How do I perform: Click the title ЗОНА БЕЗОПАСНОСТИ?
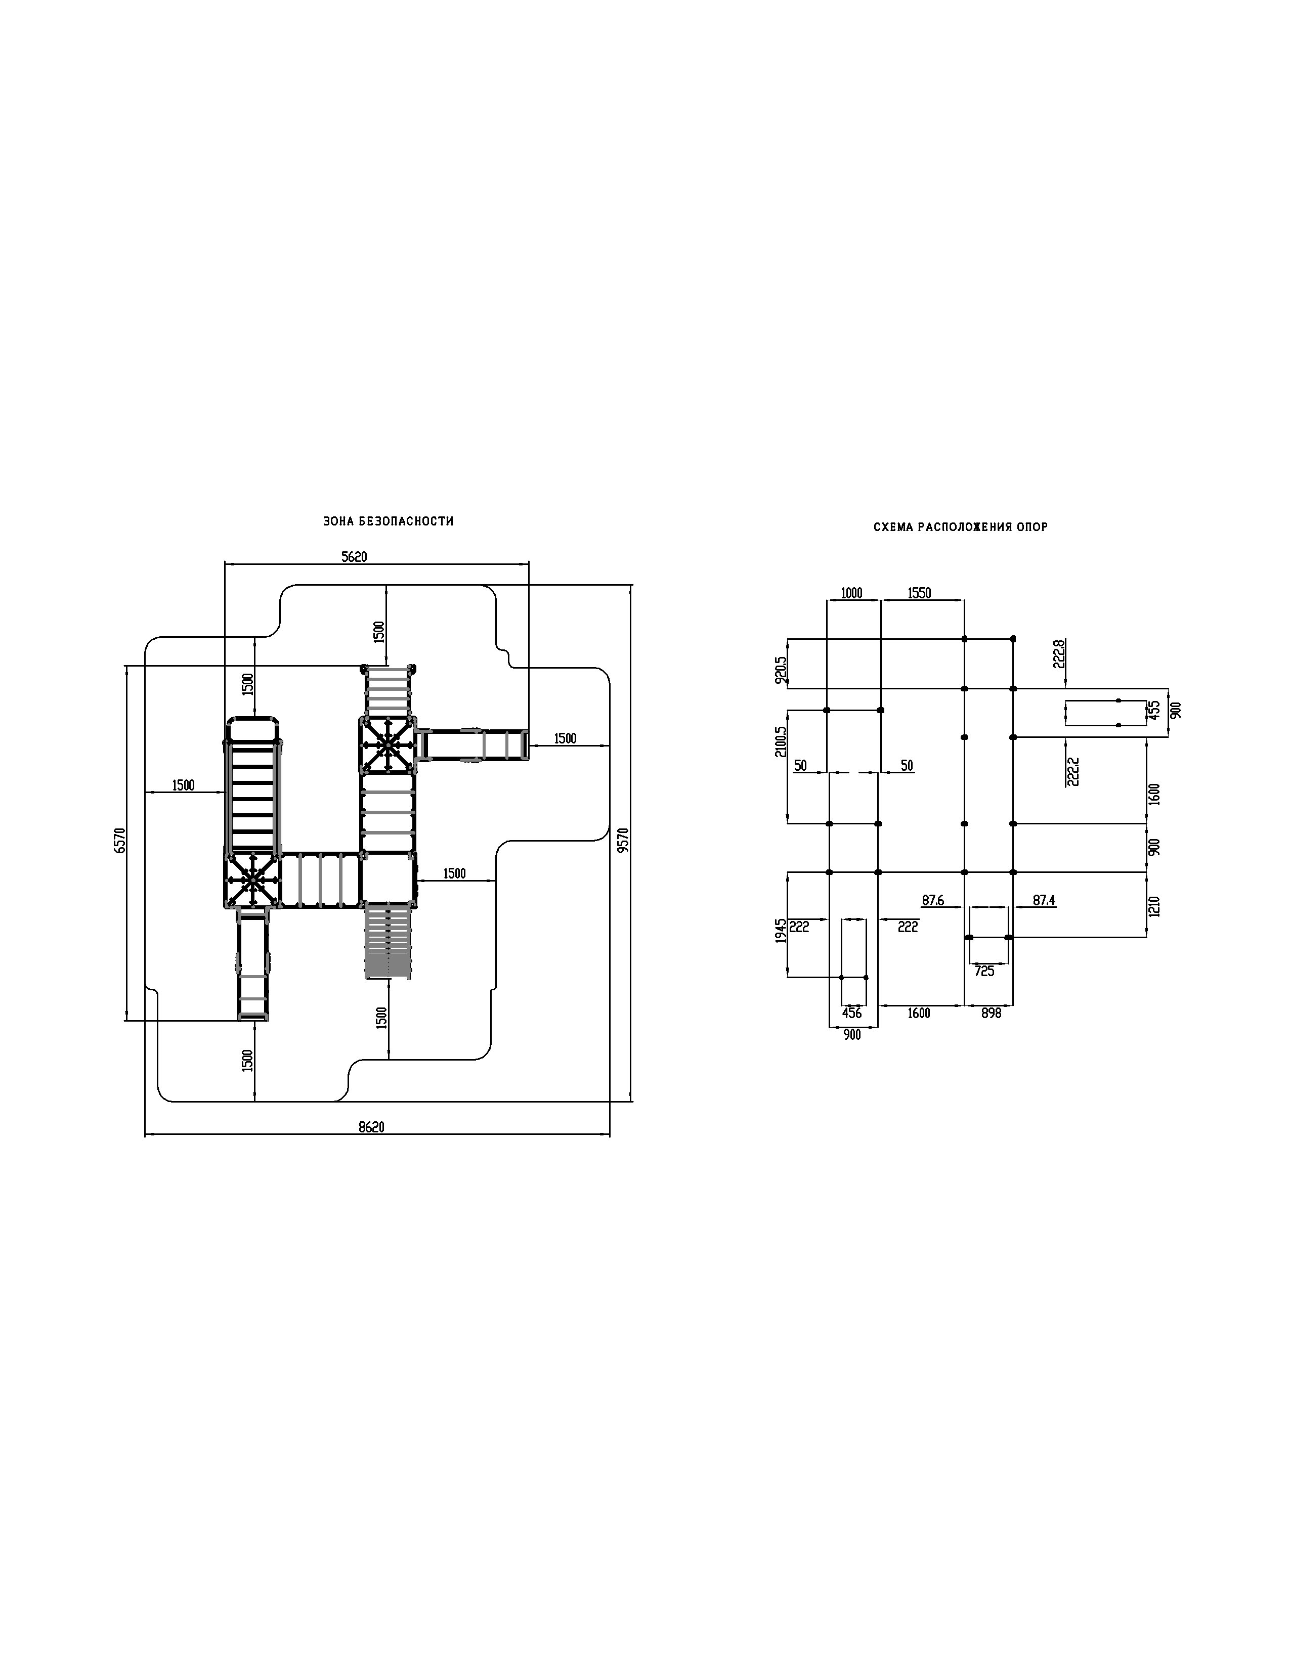(388, 521)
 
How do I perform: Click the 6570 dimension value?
(118, 840)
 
